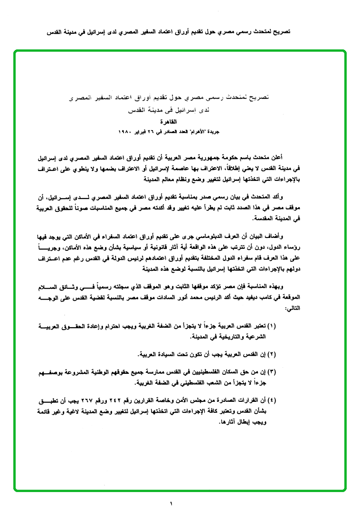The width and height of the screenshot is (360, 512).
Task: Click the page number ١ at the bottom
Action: click(x=171, y=503)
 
